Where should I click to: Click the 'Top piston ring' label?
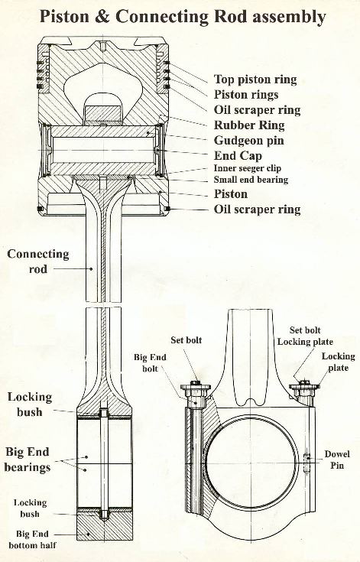[255, 80]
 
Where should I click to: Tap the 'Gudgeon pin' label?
[249, 140]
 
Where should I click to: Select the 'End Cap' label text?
[238, 155]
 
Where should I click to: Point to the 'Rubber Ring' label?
[249, 125]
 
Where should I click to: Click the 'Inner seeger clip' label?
[248, 168]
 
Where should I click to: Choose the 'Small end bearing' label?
[251, 179]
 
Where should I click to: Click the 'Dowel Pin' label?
[337, 460]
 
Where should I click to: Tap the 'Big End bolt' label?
[150, 362]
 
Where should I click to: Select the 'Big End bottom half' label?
[32, 539]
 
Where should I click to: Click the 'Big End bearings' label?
[28, 460]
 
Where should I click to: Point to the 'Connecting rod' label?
[38, 262]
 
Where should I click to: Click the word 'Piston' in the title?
[64, 17]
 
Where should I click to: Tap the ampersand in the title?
[102, 17]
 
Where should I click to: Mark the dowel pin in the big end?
[306, 463]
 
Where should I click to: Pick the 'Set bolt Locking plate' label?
[305, 336]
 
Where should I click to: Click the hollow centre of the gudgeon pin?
[103, 150]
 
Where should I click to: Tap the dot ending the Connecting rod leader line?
[92, 268]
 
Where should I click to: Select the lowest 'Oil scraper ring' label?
[257, 209]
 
